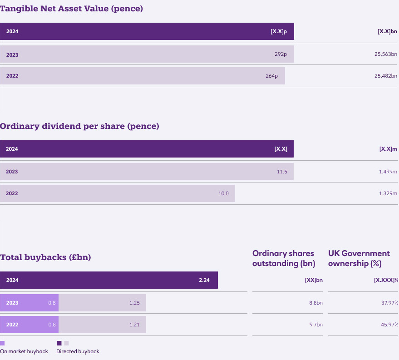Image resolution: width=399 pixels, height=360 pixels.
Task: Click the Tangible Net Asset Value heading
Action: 71,9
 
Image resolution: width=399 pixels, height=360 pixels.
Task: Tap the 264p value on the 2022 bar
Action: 271,76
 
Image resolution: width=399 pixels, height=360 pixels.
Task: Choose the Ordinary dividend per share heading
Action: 79,126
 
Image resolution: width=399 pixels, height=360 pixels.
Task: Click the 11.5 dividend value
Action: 282,172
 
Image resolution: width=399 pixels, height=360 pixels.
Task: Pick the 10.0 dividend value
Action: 223,193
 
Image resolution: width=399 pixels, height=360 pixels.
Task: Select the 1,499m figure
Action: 388,172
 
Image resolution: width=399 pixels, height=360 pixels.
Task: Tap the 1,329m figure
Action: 388,193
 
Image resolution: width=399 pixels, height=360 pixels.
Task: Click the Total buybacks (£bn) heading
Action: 45,257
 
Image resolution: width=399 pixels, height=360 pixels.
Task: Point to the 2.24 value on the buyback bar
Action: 204,280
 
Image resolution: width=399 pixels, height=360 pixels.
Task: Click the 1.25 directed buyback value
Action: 134,302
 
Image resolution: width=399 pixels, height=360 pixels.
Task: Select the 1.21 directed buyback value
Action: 134,325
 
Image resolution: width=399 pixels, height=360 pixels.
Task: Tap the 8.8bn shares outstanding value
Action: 314,302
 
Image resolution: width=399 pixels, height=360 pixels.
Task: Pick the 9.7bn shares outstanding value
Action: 314,325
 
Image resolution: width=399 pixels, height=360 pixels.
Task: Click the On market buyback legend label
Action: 24,351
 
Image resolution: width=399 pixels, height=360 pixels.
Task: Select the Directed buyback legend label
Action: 78,351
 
